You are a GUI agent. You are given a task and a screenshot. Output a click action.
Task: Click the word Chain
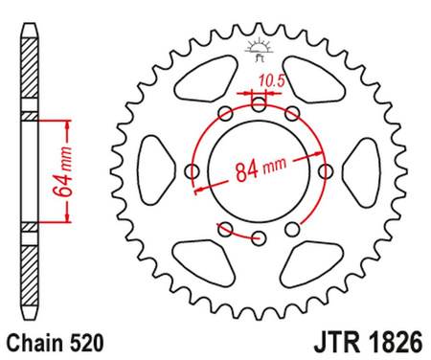coord(33,340)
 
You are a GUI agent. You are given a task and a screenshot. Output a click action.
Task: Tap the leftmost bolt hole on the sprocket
coord(190,172)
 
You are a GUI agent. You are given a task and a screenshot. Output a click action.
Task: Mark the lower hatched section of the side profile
coord(28,273)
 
